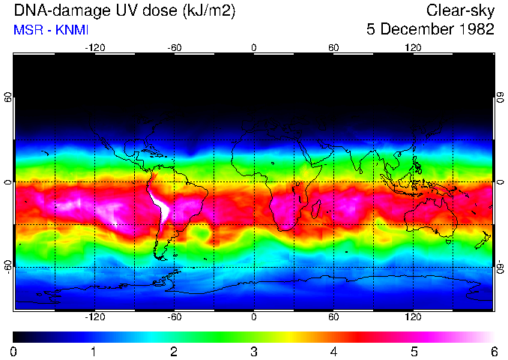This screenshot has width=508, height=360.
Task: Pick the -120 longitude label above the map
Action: pyautogui.click(x=94, y=47)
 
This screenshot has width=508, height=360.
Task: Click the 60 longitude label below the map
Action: pyautogui.click(x=333, y=317)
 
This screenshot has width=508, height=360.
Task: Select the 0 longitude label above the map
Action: pyautogui.click(x=254, y=47)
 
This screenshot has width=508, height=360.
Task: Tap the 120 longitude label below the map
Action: pyautogui.click(x=413, y=317)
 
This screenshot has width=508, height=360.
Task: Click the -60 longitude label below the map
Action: pyautogui.click(x=174, y=317)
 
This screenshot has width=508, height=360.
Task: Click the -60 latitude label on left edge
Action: pyautogui.click(x=8, y=266)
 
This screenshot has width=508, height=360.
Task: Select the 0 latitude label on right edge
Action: pyautogui.click(x=499, y=182)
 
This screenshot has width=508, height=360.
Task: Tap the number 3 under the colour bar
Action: pyautogui.click(x=253, y=351)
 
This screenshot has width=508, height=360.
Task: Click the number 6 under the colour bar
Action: pyautogui.click(x=493, y=351)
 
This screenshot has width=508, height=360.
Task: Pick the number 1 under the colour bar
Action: pyautogui.click(x=94, y=351)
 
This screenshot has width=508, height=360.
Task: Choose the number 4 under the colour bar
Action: pyautogui.click(x=333, y=351)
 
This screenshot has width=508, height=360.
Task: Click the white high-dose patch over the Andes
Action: pyautogui.click(x=160, y=206)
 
